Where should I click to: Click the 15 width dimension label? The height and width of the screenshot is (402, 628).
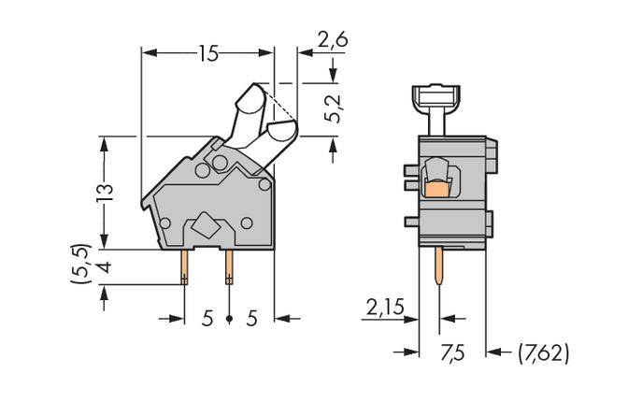pos(207,53)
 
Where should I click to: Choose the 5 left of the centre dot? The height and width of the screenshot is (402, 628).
pos(207,319)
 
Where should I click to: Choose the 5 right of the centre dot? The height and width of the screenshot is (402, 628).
pos(250,319)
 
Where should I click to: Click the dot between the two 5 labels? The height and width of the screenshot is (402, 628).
pos(229,319)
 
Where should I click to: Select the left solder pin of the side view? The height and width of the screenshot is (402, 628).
pos(184,267)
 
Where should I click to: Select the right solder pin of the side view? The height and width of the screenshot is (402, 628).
pos(229,267)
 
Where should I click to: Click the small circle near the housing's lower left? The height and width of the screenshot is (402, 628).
pos(165,223)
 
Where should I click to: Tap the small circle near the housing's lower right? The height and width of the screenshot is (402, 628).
pos(247,223)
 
